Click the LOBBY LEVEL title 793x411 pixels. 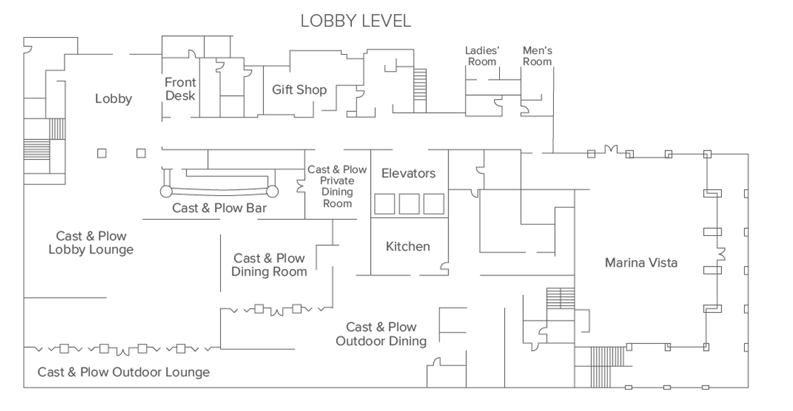(356, 21)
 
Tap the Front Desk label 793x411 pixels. (180, 89)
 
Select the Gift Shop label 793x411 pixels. (299, 90)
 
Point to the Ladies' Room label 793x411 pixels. (482, 56)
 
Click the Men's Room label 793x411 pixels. (538, 56)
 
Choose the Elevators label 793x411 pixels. (409, 173)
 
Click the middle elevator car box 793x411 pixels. (409, 204)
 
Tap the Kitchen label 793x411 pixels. (408, 246)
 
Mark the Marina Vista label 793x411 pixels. (641, 262)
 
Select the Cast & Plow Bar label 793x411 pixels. (219, 208)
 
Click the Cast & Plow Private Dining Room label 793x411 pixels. (337, 186)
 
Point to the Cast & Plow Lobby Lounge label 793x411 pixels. (91, 242)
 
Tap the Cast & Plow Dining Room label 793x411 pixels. (269, 265)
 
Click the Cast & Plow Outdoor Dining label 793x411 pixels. (381, 334)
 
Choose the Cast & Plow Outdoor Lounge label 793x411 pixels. (124, 372)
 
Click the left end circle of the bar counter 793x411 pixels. (166, 191)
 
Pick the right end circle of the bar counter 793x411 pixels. (272, 191)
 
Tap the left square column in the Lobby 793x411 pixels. (102, 153)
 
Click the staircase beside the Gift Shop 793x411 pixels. (420, 91)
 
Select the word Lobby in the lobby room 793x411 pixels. (113, 99)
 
